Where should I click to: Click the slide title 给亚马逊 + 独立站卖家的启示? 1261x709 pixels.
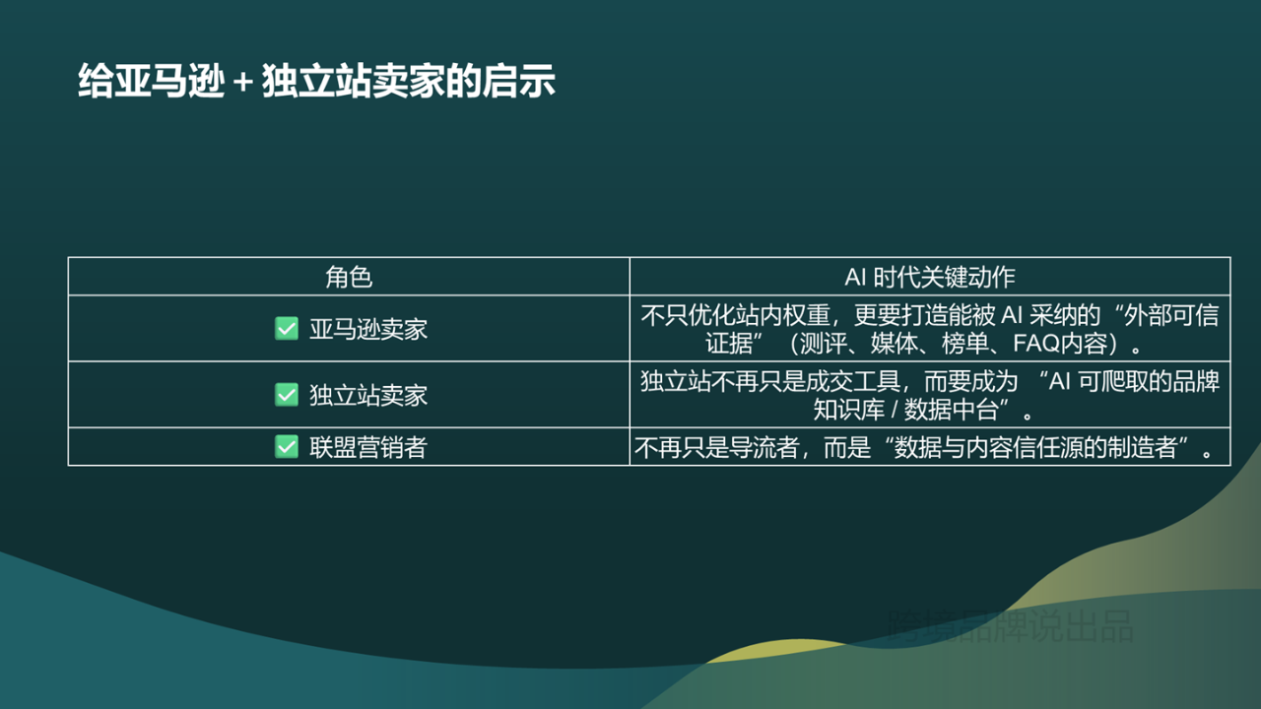[x=316, y=82]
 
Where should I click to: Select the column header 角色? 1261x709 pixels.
[x=349, y=277]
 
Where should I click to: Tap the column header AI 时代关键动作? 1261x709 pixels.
[x=929, y=277]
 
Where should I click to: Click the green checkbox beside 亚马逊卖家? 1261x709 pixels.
[x=286, y=329]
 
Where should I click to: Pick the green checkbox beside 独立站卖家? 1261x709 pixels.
[x=286, y=395]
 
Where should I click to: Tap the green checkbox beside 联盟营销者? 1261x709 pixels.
[x=286, y=447]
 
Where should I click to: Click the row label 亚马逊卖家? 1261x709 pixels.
[x=368, y=329]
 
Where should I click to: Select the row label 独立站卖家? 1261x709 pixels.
[x=368, y=395]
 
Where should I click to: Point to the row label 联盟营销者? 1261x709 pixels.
[x=368, y=447]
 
